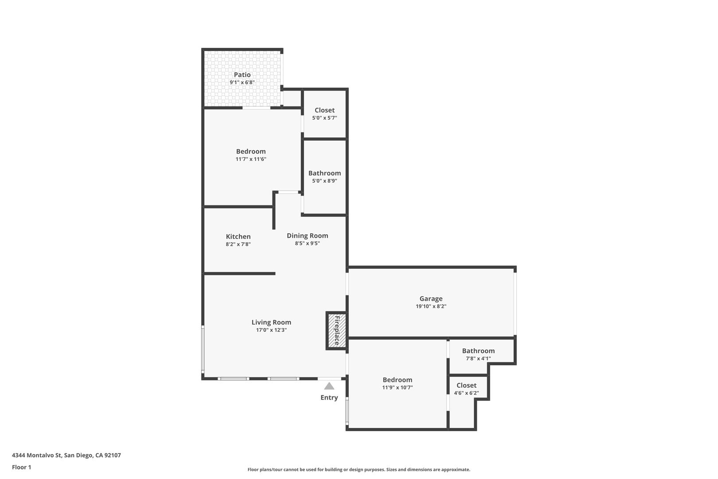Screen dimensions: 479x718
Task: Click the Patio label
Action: click(x=242, y=75)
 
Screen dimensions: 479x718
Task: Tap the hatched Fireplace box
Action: click(x=336, y=330)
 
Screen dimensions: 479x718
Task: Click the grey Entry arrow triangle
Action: click(x=329, y=386)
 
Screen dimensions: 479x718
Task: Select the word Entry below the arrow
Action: click(x=329, y=397)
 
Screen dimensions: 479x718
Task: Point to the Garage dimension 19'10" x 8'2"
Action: click(x=431, y=306)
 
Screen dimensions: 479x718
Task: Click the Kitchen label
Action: click(x=238, y=236)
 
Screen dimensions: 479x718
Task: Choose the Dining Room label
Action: click(x=307, y=236)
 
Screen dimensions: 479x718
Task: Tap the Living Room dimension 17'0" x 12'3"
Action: click(x=271, y=330)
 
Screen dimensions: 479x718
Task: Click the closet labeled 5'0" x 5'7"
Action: click(x=324, y=114)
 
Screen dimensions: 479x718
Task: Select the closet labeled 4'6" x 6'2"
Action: click(x=466, y=389)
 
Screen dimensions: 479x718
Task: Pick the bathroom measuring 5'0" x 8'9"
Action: click(x=324, y=177)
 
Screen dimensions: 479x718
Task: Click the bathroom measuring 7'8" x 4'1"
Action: click(x=478, y=354)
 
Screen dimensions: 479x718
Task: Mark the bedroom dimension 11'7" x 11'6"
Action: click(x=251, y=159)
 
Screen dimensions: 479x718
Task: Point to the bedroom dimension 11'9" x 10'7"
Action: click(x=397, y=387)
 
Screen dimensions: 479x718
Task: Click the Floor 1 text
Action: click(x=21, y=467)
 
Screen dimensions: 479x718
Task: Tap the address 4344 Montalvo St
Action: click(x=66, y=455)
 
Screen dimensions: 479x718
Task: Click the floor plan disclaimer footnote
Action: click(x=359, y=469)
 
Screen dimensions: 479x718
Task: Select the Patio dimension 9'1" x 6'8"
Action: click(x=242, y=82)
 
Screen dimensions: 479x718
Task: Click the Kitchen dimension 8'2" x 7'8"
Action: click(x=238, y=244)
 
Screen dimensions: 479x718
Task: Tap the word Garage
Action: click(x=431, y=298)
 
